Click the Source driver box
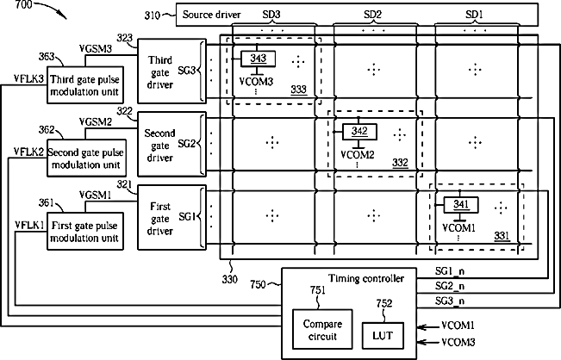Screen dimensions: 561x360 click(357, 15)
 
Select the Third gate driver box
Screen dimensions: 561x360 click(172, 71)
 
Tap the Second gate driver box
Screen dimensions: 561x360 click(172, 145)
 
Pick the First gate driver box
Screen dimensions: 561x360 click(172, 217)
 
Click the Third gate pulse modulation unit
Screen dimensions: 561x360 click(85, 85)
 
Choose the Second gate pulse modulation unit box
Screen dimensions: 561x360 click(85, 158)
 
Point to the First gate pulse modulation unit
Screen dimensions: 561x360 click(85, 232)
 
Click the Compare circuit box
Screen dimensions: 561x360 click(322, 329)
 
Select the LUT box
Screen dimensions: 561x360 click(383, 335)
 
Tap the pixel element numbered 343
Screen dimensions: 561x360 click(258, 59)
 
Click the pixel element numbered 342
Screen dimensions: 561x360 click(359, 132)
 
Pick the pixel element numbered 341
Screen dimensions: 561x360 click(461, 205)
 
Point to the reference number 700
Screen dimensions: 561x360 click(23, 4)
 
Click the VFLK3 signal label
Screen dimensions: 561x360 click(29, 78)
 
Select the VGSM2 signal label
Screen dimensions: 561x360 click(96, 122)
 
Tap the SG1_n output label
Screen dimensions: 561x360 click(450, 271)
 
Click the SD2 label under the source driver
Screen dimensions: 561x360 click(373, 15)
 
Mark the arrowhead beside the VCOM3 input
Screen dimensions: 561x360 click(421, 342)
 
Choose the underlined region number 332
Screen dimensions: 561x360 click(400, 163)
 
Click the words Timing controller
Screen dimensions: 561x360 click(366, 278)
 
